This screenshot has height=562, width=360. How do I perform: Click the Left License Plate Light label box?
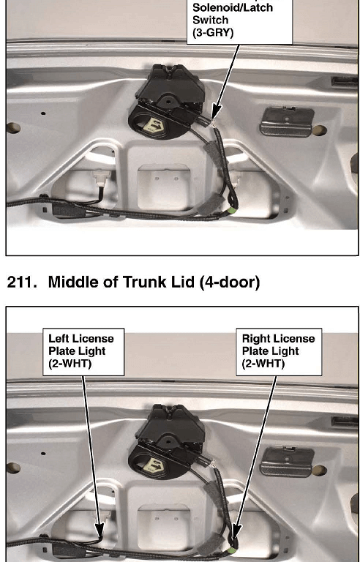coord(83,352)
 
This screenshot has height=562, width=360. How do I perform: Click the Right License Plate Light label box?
coord(279,352)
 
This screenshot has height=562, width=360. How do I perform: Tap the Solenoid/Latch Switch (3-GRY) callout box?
coord(239,20)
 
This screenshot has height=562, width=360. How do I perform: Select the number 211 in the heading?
coord(22,282)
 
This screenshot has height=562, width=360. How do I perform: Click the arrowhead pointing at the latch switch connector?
coord(217,111)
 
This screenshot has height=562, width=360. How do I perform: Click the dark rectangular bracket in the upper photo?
coord(287,122)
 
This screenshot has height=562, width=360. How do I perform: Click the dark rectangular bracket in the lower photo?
coord(287,462)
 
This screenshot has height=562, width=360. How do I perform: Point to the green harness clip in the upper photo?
coord(233,211)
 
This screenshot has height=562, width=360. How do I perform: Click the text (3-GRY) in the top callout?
coord(213,33)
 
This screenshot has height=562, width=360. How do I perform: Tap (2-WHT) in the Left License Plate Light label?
coord(70,364)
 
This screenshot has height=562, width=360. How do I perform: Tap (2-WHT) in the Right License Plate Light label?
coord(263,364)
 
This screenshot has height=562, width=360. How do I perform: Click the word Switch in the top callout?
coord(211,19)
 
